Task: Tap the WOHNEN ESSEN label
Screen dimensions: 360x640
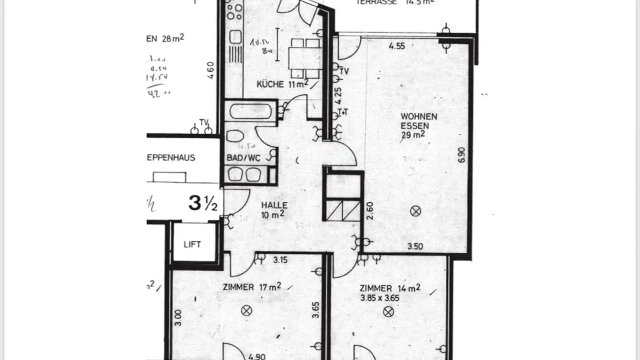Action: [x=419, y=121]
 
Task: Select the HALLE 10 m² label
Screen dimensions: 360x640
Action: [x=274, y=210]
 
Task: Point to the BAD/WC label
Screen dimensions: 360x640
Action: [x=243, y=158]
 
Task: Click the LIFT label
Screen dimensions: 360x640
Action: [x=192, y=244]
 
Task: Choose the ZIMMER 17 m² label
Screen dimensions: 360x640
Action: [x=252, y=287]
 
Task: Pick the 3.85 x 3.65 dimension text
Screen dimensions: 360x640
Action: [x=380, y=298]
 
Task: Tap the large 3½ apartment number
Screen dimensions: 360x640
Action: [x=203, y=203]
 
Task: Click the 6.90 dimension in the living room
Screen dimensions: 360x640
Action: [x=462, y=154]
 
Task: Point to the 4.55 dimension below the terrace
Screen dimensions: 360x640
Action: [x=396, y=45]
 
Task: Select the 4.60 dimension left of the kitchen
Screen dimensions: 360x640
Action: [x=211, y=70]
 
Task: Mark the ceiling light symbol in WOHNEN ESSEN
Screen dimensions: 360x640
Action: [x=416, y=211]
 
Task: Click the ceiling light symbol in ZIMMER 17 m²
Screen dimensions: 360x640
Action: [x=246, y=311]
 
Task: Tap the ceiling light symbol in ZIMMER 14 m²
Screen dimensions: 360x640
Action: [x=388, y=312]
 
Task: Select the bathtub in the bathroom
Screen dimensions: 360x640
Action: [x=251, y=111]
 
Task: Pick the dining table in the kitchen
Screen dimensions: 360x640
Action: [x=305, y=57]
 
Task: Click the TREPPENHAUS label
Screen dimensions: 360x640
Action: [x=171, y=158]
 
